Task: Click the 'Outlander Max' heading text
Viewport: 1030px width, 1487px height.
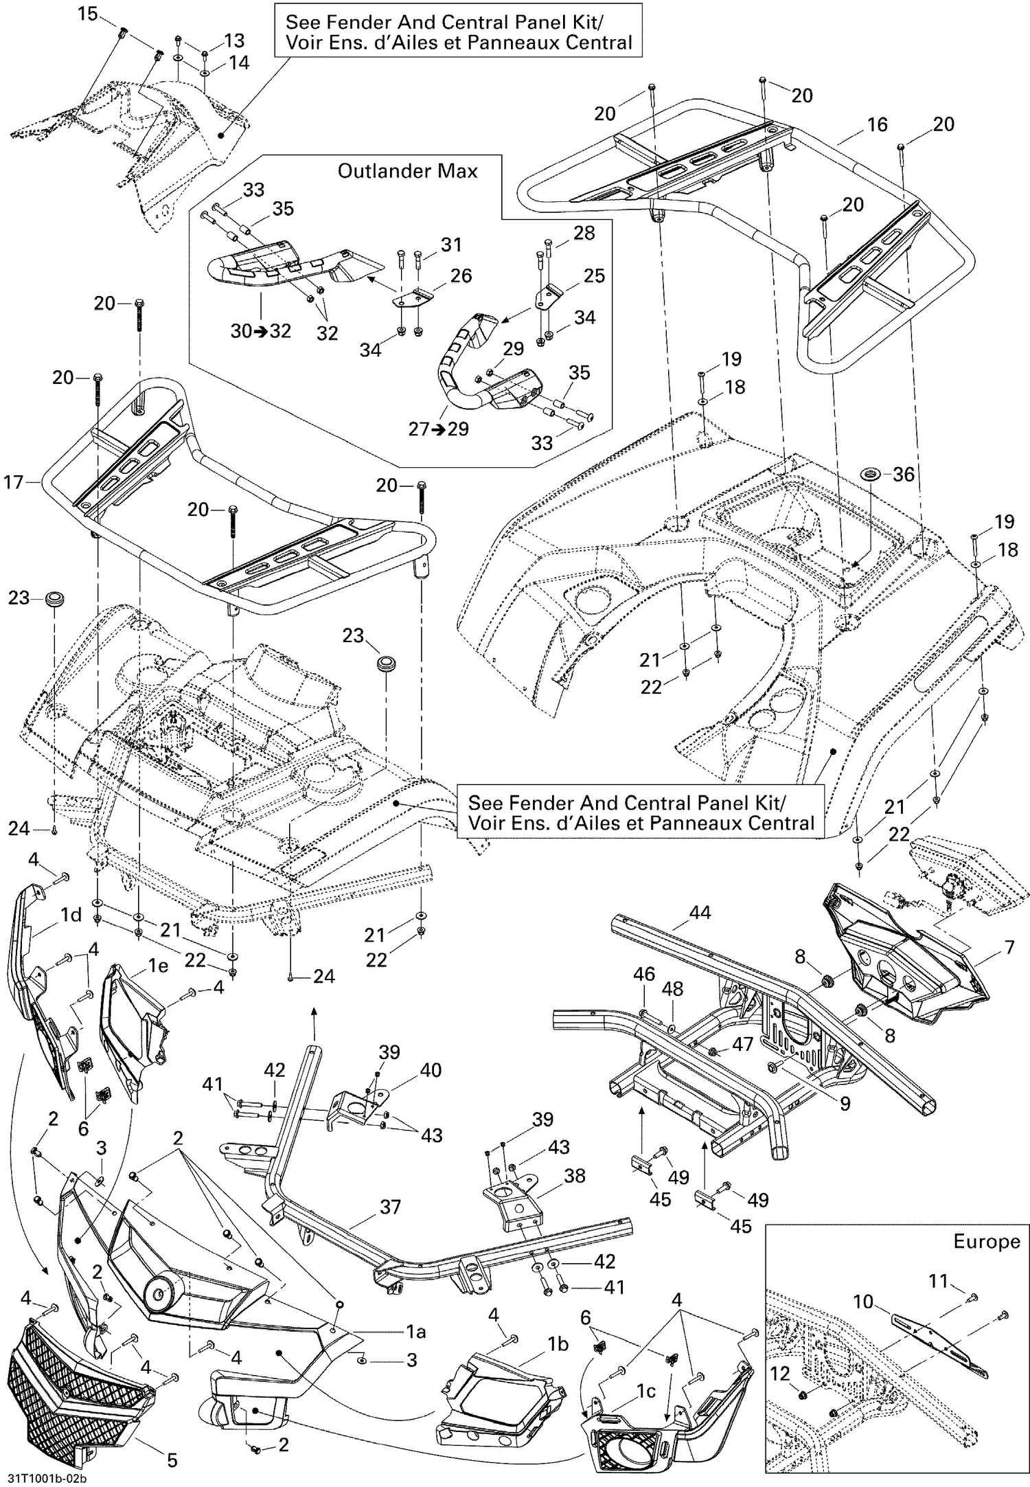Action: pyautogui.click(x=407, y=170)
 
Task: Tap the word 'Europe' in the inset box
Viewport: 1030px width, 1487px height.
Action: pyautogui.click(x=987, y=1241)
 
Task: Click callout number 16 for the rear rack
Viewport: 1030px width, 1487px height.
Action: pyautogui.click(x=877, y=124)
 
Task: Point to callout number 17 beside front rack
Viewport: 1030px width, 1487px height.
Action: pyautogui.click(x=14, y=482)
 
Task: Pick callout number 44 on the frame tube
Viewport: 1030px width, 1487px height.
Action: pyautogui.click(x=699, y=912)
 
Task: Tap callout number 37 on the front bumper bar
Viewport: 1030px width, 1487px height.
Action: pyautogui.click(x=390, y=1206)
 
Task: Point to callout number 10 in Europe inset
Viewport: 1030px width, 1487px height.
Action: pyautogui.click(x=864, y=1301)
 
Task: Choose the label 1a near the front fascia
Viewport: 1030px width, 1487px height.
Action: pyautogui.click(x=416, y=1332)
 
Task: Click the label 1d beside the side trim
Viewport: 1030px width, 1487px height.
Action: pyautogui.click(x=71, y=915)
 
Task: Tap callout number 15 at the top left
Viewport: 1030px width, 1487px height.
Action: pyautogui.click(x=87, y=13)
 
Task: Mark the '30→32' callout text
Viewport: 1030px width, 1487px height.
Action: pyautogui.click(x=260, y=331)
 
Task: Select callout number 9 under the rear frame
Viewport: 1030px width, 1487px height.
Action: pyautogui.click(x=845, y=1103)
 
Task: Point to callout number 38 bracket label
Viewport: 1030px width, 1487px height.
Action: pyautogui.click(x=574, y=1175)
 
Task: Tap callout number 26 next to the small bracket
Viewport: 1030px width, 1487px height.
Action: pyautogui.click(x=461, y=275)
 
